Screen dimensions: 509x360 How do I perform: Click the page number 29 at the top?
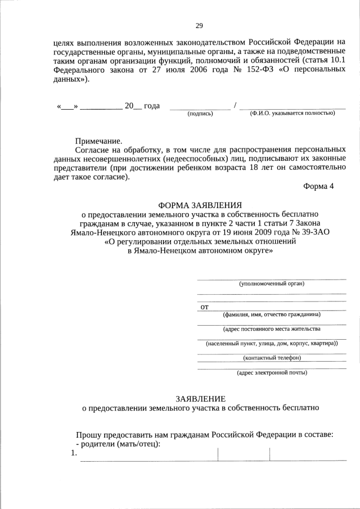[x=199, y=25]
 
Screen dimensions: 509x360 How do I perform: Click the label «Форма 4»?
[x=318, y=187]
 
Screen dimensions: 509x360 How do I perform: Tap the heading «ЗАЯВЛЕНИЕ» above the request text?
[x=200, y=398]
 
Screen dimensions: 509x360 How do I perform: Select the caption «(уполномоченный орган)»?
[x=272, y=283]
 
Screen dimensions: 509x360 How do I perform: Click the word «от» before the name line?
[x=205, y=307]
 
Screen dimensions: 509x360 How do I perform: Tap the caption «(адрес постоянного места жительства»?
[x=272, y=328]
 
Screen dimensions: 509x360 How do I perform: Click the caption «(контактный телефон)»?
[x=272, y=358]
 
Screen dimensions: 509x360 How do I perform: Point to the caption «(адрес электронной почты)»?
[x=272, y=372]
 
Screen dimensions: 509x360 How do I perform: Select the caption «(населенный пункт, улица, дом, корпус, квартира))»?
[x=272, y=343]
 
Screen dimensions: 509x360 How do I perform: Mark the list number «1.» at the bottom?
[x=73, y=454]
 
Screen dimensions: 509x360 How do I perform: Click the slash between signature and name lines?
[x=235, y=105]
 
